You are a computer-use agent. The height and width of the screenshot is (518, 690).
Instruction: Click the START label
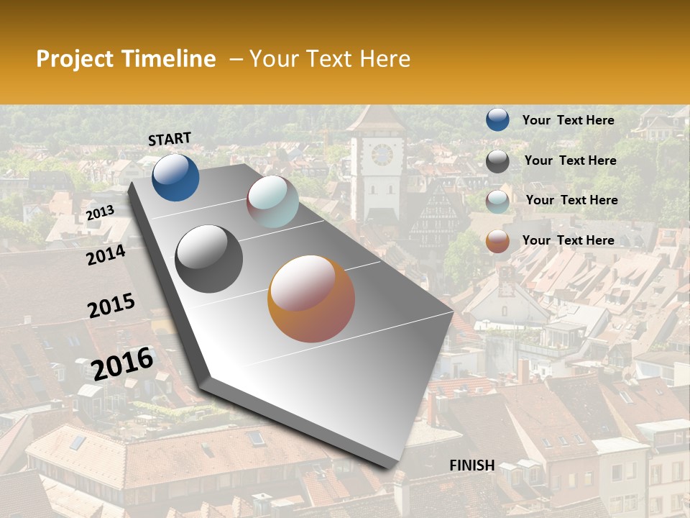coord(170,139)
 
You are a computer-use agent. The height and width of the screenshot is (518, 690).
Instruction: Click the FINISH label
coord(472,465)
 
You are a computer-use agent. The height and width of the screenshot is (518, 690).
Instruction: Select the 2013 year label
coord(100,213)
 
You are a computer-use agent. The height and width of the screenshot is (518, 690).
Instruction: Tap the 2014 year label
coord(106,255)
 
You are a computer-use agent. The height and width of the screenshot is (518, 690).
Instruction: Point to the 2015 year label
coord(111,306)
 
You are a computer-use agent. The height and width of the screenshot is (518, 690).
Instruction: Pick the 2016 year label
coord(122,363)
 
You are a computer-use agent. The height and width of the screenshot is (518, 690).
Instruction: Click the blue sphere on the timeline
coord(175,177)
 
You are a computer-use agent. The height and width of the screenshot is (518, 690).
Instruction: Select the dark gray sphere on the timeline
coord(209,259)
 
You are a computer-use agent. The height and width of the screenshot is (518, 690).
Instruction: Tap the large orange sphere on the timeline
coord(311,299)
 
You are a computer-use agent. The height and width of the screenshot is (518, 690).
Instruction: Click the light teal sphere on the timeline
coord(272,201)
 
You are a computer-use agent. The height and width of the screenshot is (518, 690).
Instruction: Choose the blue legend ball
coord(497,119)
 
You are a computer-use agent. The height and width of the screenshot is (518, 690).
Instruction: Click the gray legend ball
coord(497,161)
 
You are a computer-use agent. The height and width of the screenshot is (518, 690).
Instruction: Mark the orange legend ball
coord(497,241)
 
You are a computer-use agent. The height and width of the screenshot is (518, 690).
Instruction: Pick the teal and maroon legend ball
coord(497,201)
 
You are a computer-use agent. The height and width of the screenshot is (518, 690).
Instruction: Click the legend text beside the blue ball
coord(568,120)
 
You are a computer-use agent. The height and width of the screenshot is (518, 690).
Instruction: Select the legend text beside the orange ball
coord(568,240)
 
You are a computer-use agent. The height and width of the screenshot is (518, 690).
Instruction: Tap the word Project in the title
coord(73,59)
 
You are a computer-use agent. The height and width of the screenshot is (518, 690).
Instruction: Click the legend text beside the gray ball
coord(570,160)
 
